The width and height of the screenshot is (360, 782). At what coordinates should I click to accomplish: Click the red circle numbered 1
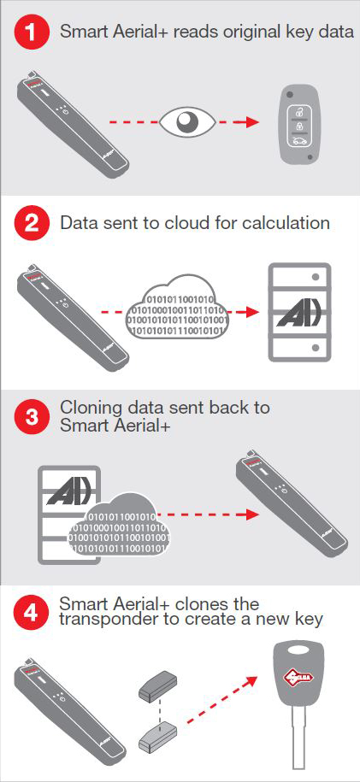coord(32,32)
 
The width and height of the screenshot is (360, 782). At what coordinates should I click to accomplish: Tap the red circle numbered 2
coord(32,224)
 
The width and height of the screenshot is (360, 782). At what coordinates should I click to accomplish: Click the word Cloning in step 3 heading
coord(91,407)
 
